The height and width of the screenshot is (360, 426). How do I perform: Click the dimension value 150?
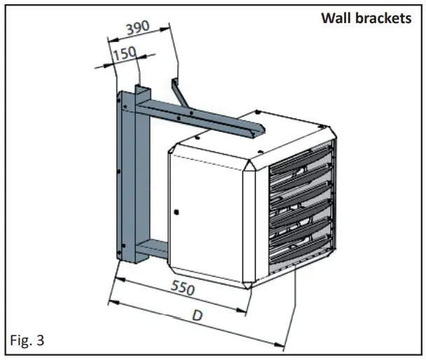(124, 54)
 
